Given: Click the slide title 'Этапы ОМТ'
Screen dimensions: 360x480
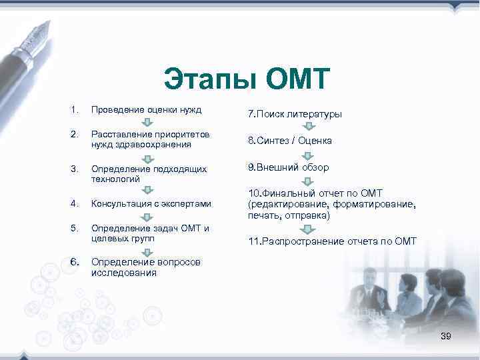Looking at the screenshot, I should click(247, 79).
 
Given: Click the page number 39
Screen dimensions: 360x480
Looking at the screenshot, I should click(445, 337).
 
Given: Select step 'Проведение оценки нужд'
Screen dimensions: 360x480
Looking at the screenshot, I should click(146, 109).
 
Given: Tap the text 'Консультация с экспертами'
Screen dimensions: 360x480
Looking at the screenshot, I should click(151, 203).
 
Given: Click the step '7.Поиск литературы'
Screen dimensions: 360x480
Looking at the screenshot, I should click(295, 114).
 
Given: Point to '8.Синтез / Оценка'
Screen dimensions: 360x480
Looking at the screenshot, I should click(289, 141).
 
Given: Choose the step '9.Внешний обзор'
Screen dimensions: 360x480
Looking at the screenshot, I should click(288, 167).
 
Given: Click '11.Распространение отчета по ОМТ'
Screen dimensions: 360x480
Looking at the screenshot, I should click(332, 241).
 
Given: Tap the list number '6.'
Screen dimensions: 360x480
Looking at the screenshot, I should click(75, 261).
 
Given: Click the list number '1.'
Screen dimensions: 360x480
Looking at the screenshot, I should click(74, 109).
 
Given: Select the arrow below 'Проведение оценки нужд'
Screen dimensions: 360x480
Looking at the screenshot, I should click(149, 122).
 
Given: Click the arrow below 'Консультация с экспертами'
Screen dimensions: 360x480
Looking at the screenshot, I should click(149, 216).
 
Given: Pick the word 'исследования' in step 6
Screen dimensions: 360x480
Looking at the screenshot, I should click(124, 273).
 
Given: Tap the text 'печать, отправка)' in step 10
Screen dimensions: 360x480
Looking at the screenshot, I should click(289, 215).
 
